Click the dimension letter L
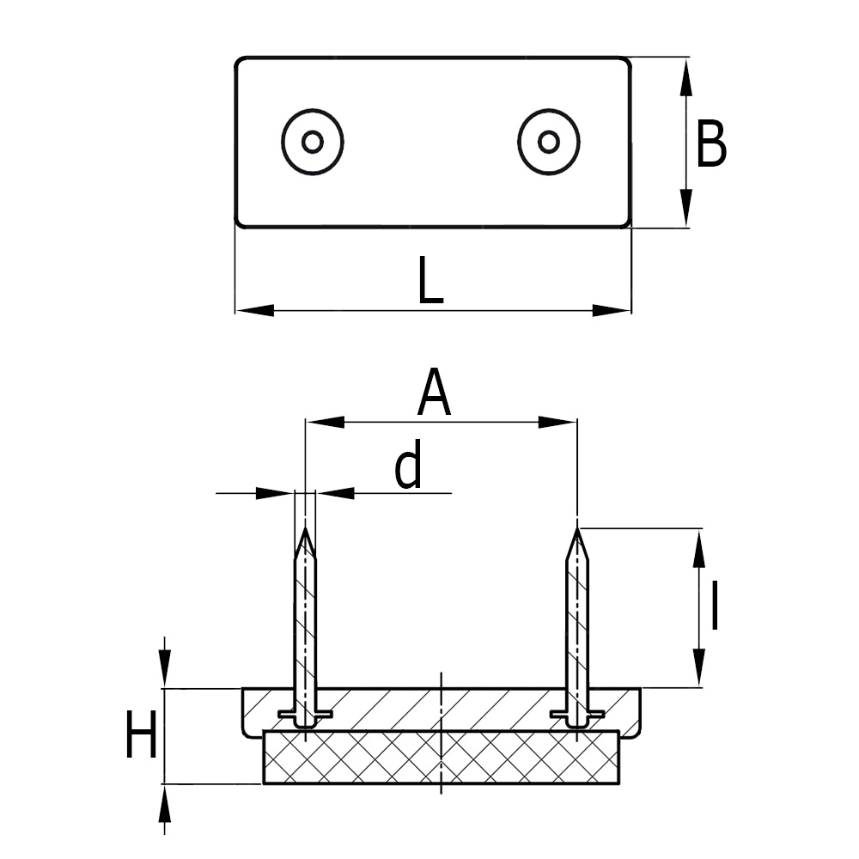pos(429,280)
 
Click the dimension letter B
pos(711,144)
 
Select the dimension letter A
pos(435,393)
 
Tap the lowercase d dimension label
pos(409,466)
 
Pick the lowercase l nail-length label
pos(715,606)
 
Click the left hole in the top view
pos(313,142)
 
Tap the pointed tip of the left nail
pos(305,530)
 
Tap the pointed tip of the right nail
pos(578,530)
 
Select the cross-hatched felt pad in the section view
pos(441,758)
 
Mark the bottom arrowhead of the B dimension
pos(685,210)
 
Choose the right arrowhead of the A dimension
pos(558,422)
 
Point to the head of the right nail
pos(577,716)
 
